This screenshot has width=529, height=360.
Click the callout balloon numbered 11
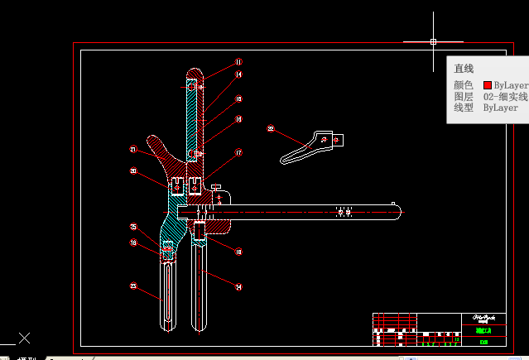[x=238, y=62]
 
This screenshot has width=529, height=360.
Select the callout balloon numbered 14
[x=238, y=75]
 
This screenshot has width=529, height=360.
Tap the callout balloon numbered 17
[x=238, y=153]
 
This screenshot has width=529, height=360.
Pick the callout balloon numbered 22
[x=271, y=129]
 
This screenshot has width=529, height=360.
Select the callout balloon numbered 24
[x=238, y=288]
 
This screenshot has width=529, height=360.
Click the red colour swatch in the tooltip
[x=488, y=85]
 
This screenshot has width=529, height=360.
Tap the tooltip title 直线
[x=464, y=69]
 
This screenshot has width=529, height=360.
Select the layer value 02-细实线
[x=505, y=97]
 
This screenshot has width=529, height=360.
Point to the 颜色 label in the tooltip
[x=464, y=85]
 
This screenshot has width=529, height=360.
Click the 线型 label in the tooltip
[x=464, y=108]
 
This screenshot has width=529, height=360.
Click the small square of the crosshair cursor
[x=433, y=41]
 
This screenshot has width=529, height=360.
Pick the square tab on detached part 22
[x=337, y=140]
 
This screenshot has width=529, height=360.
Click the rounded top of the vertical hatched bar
[x=194, y=72]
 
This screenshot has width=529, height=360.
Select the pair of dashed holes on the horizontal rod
[x=344, y=212]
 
